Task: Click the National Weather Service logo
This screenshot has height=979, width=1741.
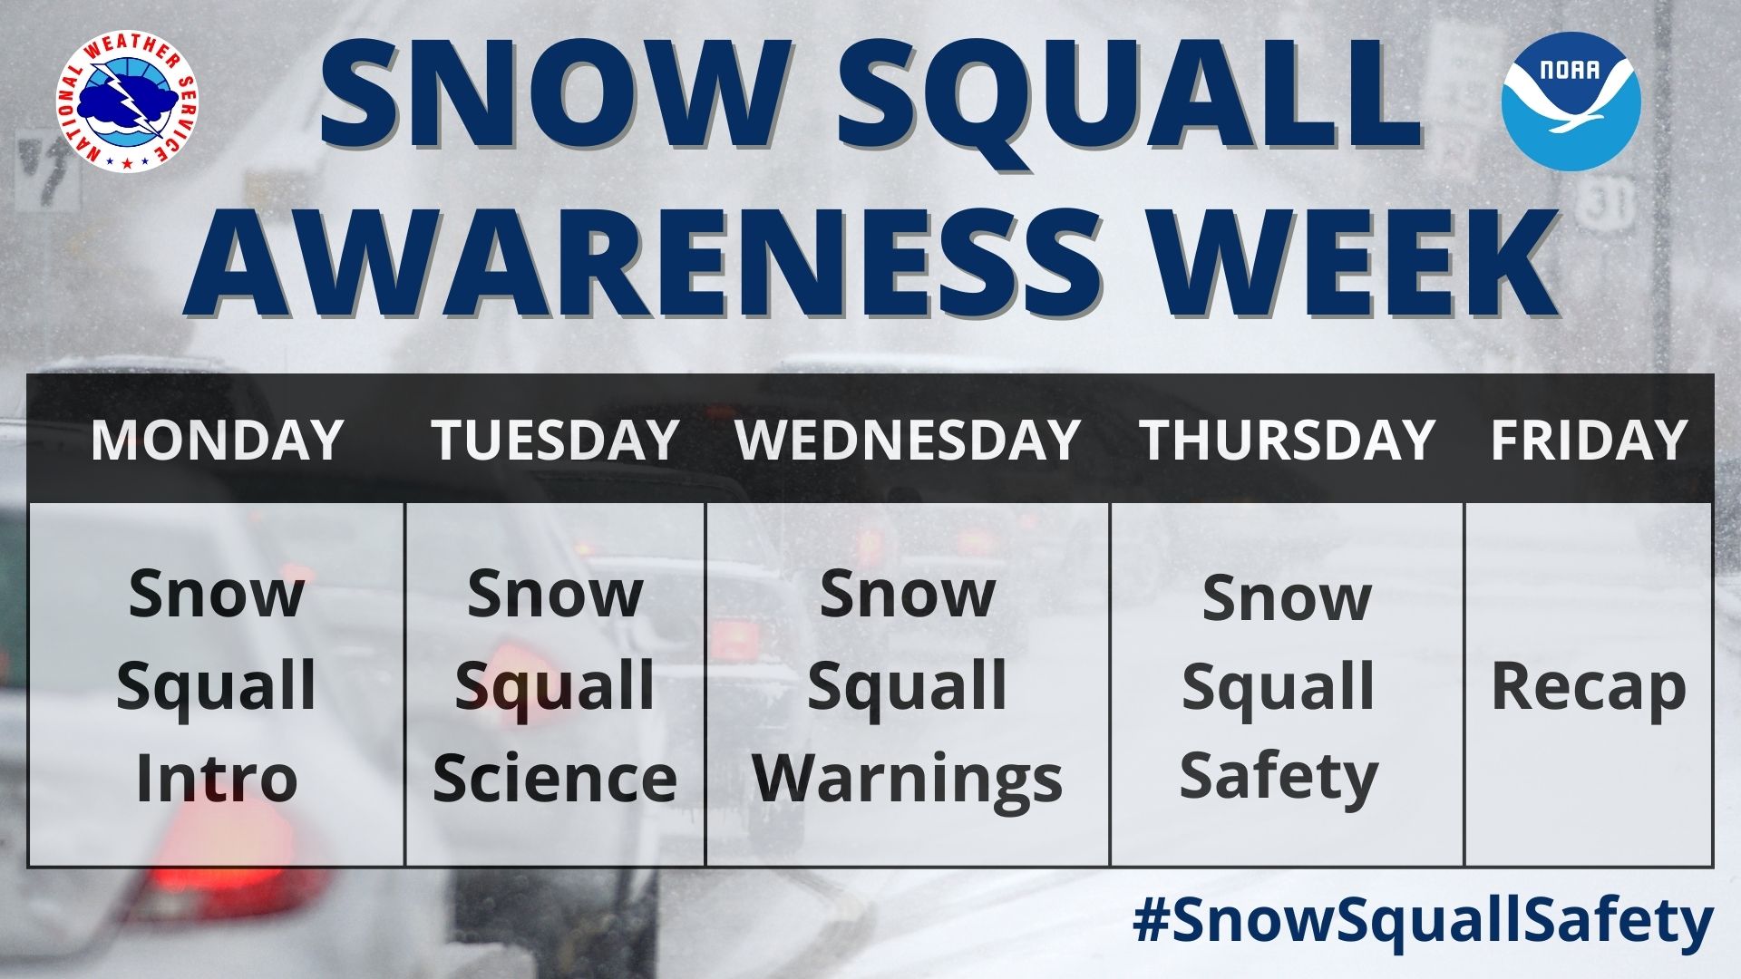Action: tap(128, 102)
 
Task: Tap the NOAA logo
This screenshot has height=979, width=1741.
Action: tap(1571, 101)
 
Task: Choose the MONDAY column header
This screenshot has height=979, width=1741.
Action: tap(217, 440)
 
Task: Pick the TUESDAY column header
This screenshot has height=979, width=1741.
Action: tap(555, 440)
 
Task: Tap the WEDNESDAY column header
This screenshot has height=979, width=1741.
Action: tap(908, 440)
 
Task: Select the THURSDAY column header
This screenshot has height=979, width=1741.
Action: tap(1287, 440)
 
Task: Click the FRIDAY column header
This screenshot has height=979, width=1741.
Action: tap(1589, 440)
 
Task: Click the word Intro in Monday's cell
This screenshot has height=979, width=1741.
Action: tap(217, 779)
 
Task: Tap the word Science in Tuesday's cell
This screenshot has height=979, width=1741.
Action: tap(555, 779)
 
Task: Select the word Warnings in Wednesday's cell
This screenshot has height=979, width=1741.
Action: tap(908, 780)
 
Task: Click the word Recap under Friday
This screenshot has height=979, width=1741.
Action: tap(1589, 689)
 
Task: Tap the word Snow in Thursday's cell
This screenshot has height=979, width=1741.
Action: tap(1287, 599)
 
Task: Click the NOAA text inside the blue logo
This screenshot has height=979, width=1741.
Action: tap(1571, 69)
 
